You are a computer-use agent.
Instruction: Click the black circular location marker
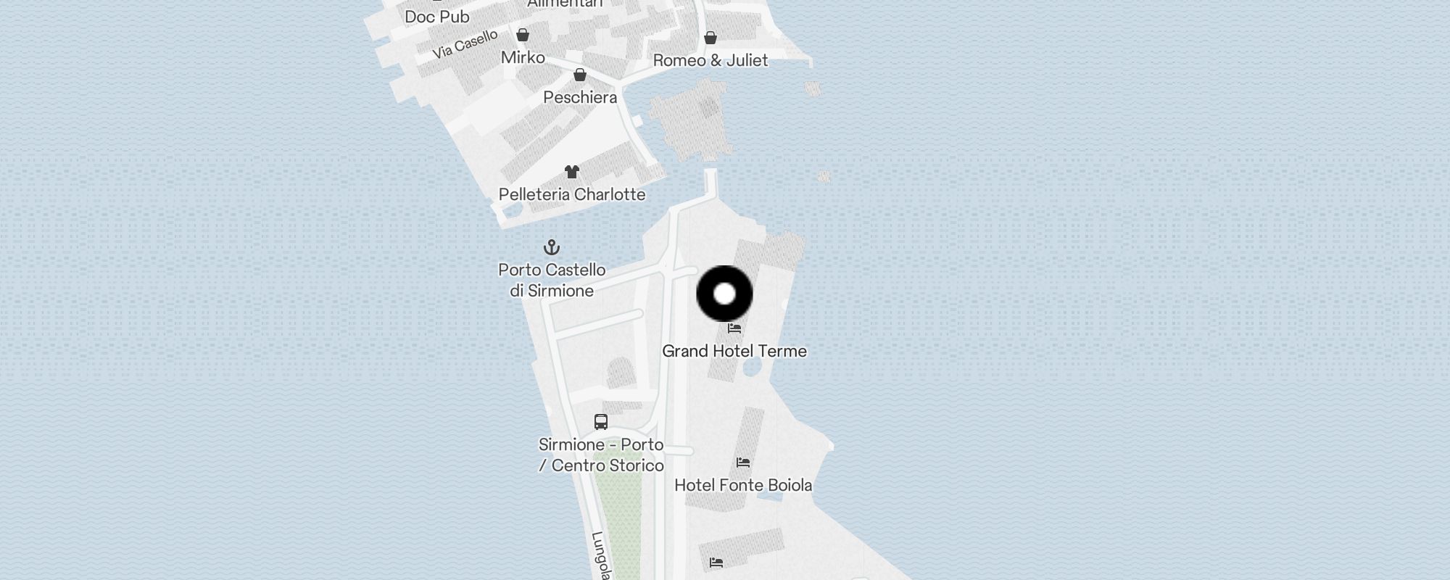(x=724, y=294)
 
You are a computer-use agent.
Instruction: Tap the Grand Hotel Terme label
(x=734, y=351)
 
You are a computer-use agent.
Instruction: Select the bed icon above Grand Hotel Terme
(x=734, y=328)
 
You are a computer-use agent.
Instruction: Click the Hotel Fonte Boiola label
(x=742, y=485)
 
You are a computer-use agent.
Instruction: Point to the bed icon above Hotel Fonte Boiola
(x=742, y=463)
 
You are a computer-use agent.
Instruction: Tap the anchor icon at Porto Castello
(x=552, y=248)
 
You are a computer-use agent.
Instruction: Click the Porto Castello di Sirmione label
(x=552, y=280)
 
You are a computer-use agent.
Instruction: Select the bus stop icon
(x=600, y=422)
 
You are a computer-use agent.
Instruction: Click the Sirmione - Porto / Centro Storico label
(x=601, y=455)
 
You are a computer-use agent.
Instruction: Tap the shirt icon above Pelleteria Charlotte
(x=572, y=172)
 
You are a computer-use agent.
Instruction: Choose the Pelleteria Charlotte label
(x=572, y=194)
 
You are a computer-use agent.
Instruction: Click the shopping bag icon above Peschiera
(x=580, y=75)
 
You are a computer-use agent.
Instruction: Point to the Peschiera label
(x=580, y=97)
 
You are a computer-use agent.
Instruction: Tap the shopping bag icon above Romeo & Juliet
(x=710, y=38)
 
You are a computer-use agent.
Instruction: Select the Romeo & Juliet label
(x=710, y=60)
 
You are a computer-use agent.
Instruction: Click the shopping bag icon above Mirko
(x=523, y=35)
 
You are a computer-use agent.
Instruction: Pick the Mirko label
(x=523, y=57)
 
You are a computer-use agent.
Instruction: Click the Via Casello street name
(x=465, y=44)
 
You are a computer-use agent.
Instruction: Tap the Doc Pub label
(x=436, y=16)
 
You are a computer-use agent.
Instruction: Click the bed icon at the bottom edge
(x=716, y=563)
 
